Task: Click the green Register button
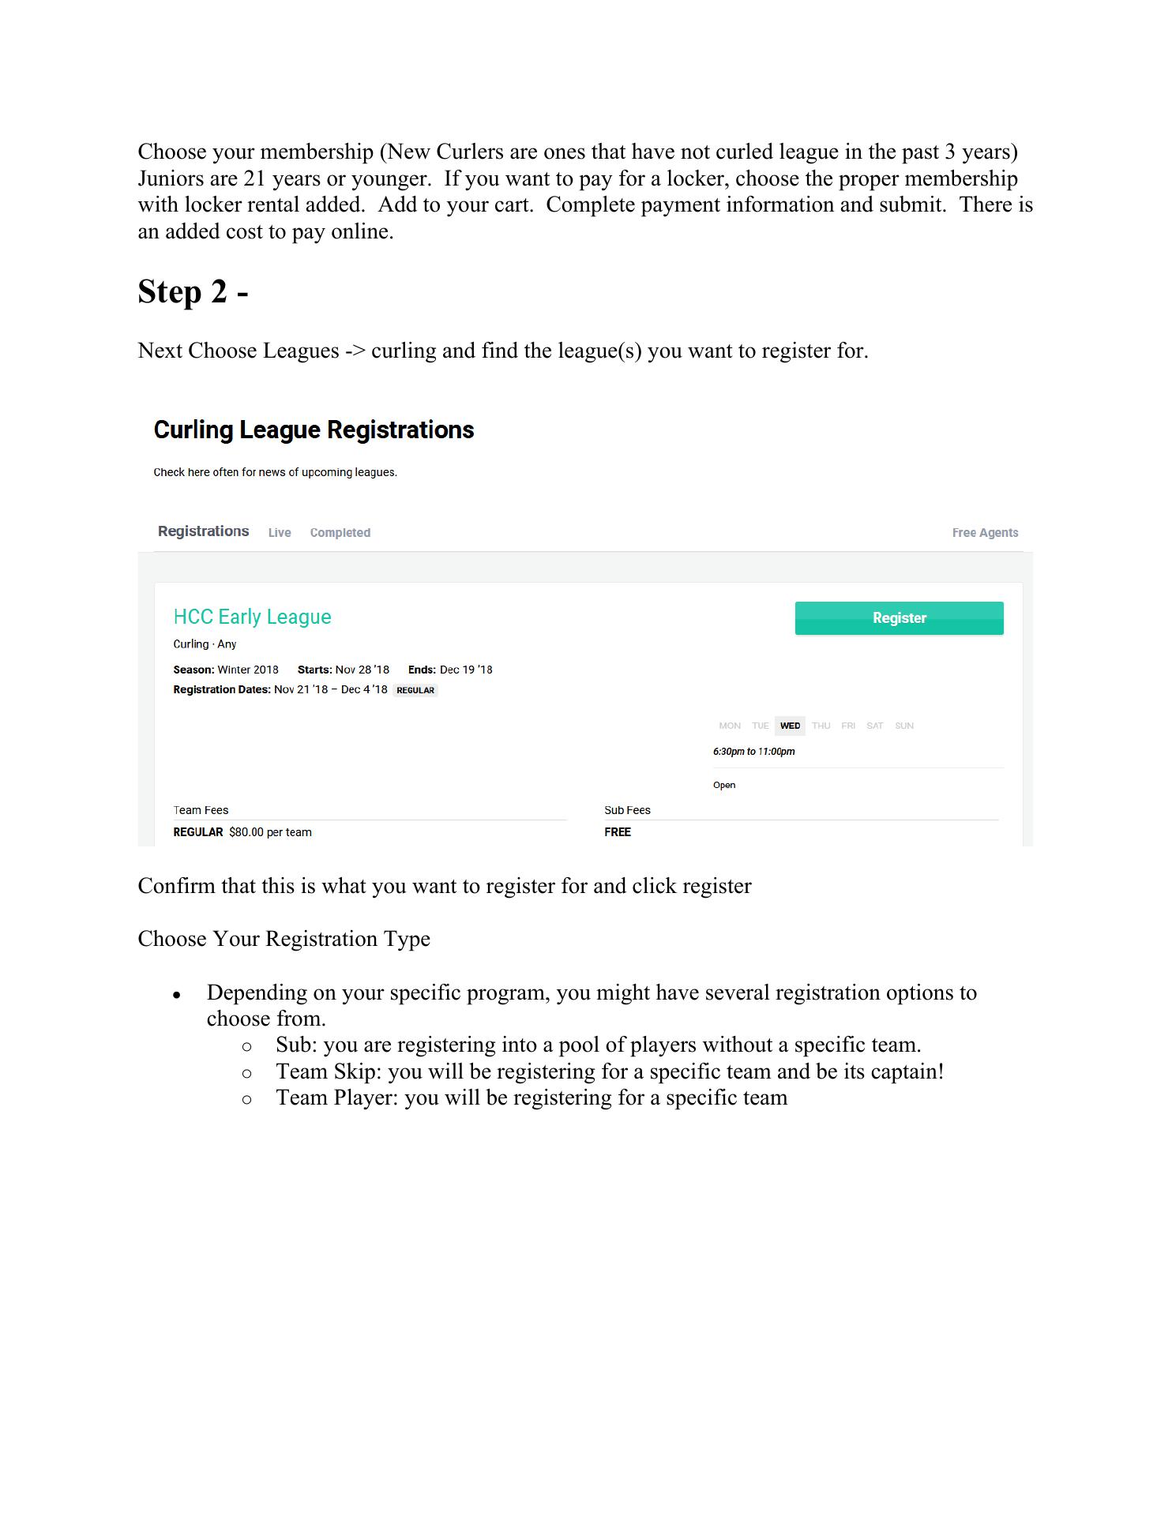899,618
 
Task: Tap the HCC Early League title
252,617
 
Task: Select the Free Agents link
985,533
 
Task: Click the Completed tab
340,533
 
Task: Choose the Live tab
280,533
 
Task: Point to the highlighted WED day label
790,726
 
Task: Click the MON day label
730,726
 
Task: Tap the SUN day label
904,726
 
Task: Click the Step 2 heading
193,291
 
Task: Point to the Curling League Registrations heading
314,430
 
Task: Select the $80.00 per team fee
270,832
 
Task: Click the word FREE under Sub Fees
618,832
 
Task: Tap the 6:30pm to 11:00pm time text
753,752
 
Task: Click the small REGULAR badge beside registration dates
415,690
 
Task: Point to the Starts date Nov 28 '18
362,670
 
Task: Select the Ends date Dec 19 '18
466,670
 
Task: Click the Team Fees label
201,810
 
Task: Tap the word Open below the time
724,785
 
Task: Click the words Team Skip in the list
325,1071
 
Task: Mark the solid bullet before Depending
178,995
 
